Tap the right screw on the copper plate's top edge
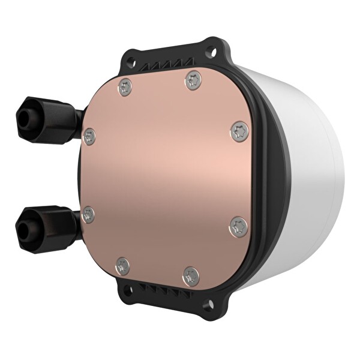(x=193, y=80)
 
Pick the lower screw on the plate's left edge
(x=89, y=215)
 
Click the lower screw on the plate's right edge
(x=238, y=226)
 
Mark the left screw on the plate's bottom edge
(x=123, y=266)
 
